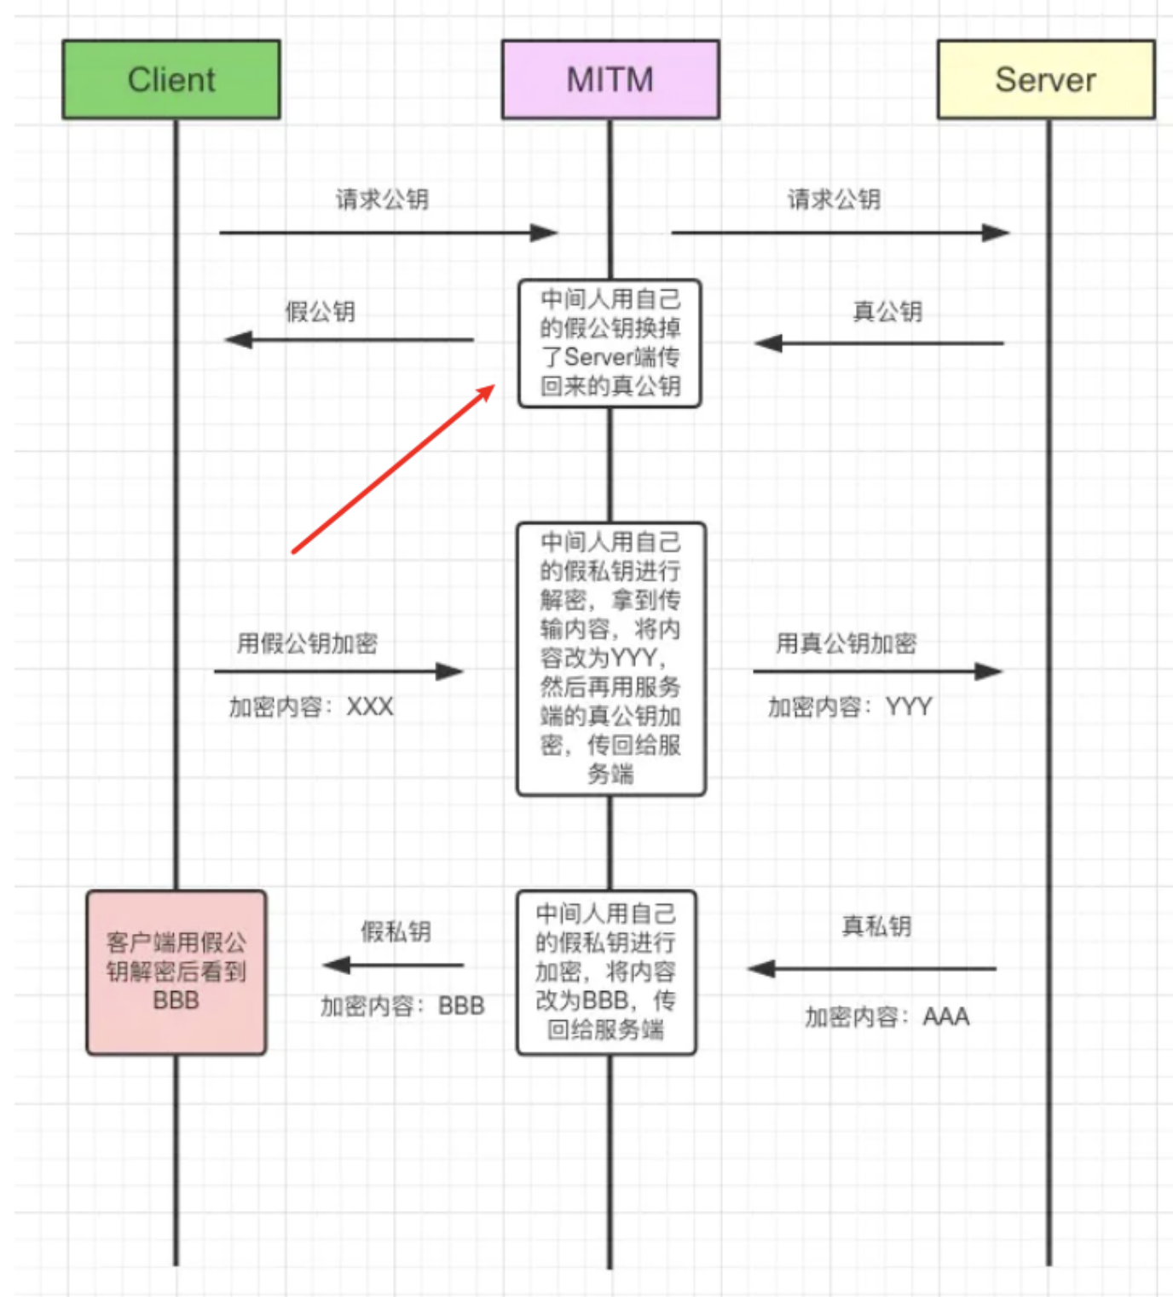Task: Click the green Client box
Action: pyautogui.click(x=171, y=79)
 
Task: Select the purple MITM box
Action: pyautogui.click(x=610, y=79)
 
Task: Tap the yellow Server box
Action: pyautogui.click(x=1045, y=79)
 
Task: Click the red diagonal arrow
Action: pyautogui.click(x=393, y=469)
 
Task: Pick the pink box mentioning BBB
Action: pyautogui.click(x=176, y=972)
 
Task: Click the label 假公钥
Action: pyautogui.click(x=320, y=312)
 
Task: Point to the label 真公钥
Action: pyautogui.click(x=887, y=312)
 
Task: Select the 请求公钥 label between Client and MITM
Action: pyautogui.click(x=382, y=199)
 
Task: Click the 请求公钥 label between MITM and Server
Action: pyautogui.click(x=834, y=199)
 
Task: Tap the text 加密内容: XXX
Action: pyautogui.click(x=311, y=706)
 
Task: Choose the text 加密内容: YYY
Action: pyautogui.click(x=850, y=706)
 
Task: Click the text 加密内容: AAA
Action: pyautogui.click(x=887, y=1017)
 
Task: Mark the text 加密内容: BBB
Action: pyautogui.click(x=402, y=1006)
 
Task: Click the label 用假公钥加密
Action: pyautogui.click(x=307, y=643)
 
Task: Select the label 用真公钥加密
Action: pyautogui.click(x=846, y=643)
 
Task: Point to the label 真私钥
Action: pyautogui.click(x=876, y=926)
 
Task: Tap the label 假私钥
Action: pyautogui.click(x=396, y=931)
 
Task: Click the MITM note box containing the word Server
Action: pyautogui.click(x=610, y=343)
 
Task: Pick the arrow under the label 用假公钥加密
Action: pyautogui.click(x=338, y=672)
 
